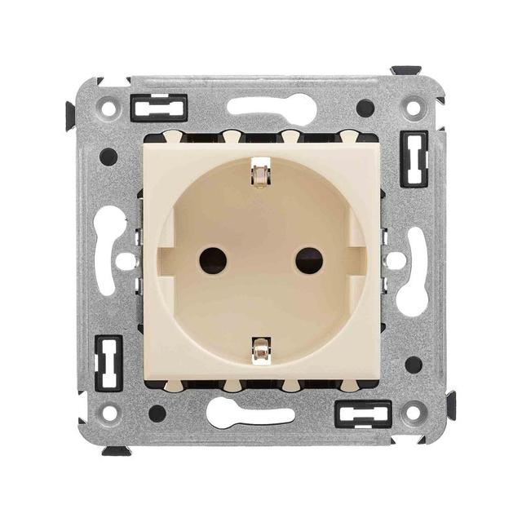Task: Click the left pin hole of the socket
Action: coord(213,261)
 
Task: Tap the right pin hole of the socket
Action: coord(309,261)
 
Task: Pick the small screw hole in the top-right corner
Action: coord(414,108)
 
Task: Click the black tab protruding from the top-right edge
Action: coord(405,70)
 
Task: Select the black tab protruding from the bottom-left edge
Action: coord(116,451)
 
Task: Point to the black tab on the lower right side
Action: coord(451,405)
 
